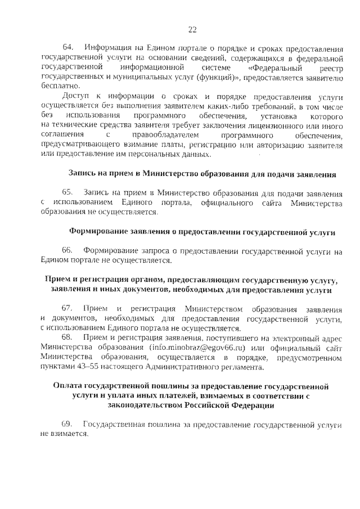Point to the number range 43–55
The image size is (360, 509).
[x=83, y=366]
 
